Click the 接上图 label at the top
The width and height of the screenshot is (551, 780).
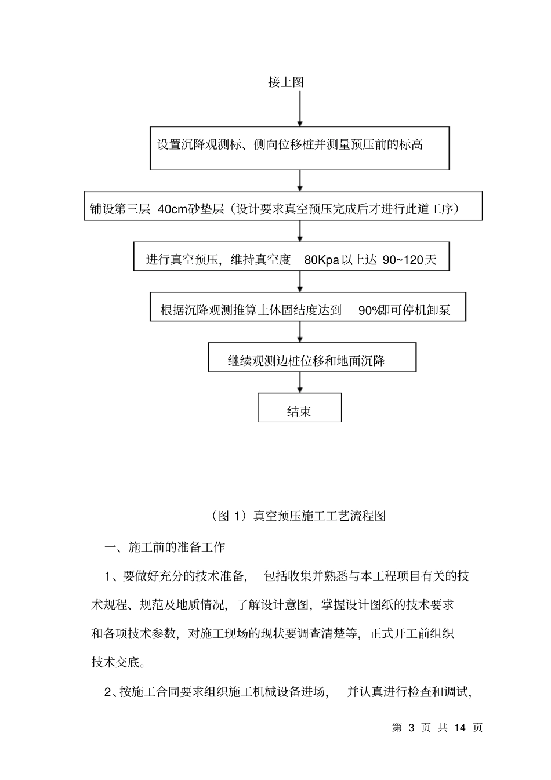click(286, 82)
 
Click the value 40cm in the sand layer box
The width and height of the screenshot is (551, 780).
click(172, 209)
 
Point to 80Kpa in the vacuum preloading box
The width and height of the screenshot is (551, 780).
click(321, 260)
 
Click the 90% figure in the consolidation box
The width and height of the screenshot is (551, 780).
click(368, 310)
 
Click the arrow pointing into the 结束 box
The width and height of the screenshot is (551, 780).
click(300, 382)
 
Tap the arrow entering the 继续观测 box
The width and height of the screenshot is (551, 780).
click(300, 332)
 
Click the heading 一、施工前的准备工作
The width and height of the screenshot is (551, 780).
click(164, 547)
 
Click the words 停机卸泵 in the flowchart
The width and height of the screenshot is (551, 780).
click(426, 310)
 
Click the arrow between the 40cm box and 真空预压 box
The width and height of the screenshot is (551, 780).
click(300, 231)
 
